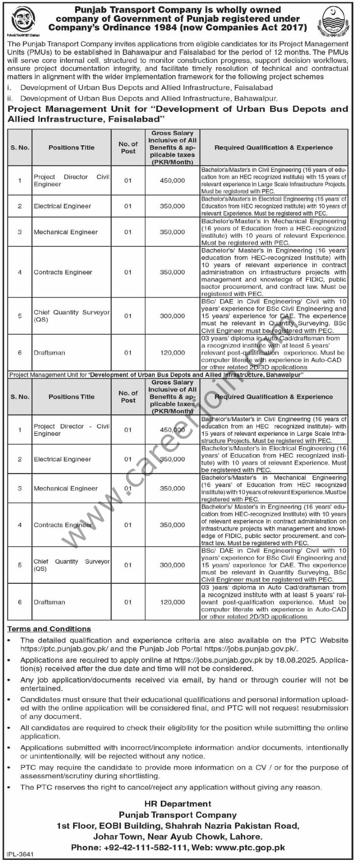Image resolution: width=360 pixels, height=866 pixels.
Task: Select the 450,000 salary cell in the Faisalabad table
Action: point(172,181)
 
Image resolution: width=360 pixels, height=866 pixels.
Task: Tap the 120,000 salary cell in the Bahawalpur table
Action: point(172,602)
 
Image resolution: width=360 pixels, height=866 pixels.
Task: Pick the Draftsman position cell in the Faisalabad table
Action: point(49,353)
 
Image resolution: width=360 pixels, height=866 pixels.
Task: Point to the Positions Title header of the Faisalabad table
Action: point(71,148)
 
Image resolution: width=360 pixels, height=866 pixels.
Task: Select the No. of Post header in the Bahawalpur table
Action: point(128,397)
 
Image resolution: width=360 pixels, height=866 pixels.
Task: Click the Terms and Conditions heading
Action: point(49,629)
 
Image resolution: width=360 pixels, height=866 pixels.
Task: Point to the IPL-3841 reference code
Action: point(19,859)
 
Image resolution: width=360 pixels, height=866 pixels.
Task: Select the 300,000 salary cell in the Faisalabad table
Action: point(172,316)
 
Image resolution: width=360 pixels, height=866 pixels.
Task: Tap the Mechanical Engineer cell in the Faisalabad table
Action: point(66,232)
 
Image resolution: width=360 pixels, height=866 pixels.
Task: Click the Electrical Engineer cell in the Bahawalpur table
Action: point(62,459)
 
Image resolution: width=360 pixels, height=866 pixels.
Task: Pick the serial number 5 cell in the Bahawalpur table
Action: point(20,565)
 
